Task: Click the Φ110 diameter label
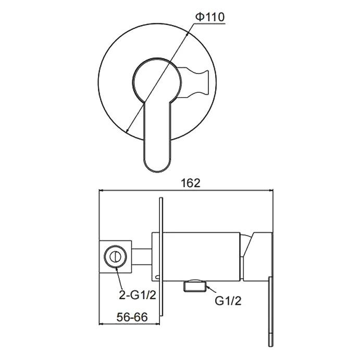point(210,17)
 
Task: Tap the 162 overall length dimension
point(191,183)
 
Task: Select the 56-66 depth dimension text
point(132,317)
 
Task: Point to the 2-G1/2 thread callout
point(138,295)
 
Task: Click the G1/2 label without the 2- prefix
point(228,301)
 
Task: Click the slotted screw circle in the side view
point(115,256)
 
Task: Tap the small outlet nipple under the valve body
point(194,286)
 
